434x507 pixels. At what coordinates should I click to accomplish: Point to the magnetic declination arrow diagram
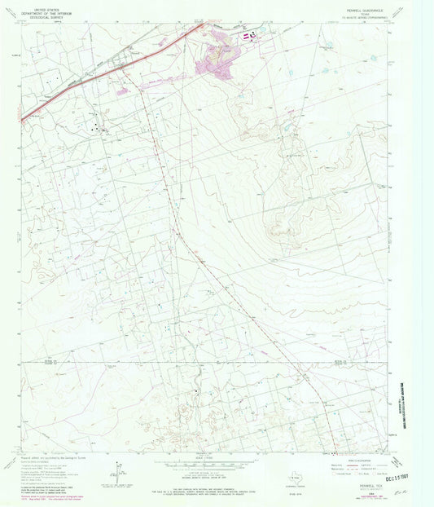point(119,470)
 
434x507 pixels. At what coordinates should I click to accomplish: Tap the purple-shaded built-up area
point(215,60)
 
